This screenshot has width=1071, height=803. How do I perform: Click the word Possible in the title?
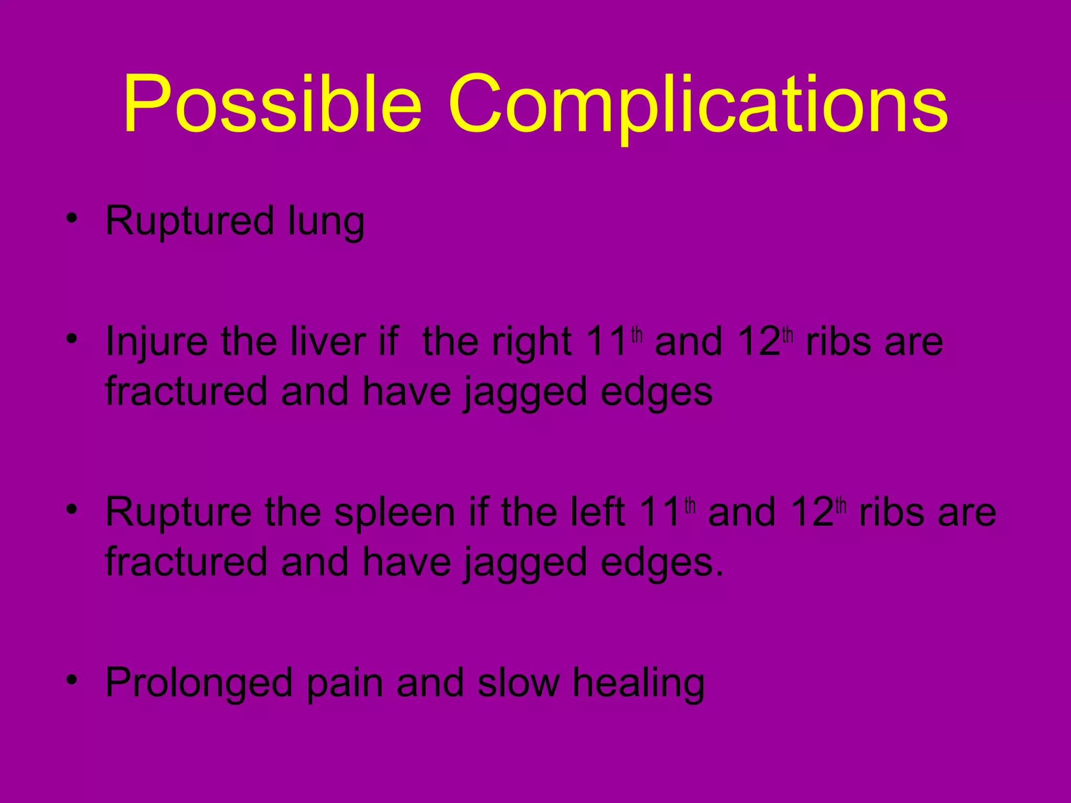[x=272, y=105]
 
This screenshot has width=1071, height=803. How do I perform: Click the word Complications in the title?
[x=698, y=105]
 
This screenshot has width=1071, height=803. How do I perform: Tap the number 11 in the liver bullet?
[x=607, y=342]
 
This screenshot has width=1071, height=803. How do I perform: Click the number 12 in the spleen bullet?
[x=812, y=512]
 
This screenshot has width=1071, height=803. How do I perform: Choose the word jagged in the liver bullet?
[x=526, y=393]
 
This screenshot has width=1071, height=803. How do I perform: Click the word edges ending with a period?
[x=662, y=564]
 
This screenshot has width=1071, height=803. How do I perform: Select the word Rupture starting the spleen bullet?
[x=178, y=512]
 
